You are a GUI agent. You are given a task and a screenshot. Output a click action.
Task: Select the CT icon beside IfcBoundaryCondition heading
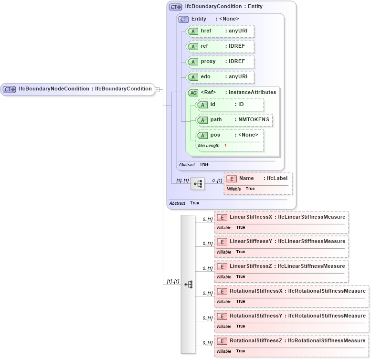[175, 7]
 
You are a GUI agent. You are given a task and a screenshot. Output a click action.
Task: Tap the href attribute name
[206, 31]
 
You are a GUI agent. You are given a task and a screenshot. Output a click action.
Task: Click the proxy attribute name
[208, 62]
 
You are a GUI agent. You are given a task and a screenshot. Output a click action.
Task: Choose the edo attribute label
[205, 77]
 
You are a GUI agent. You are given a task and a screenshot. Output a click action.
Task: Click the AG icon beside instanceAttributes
[193, 93]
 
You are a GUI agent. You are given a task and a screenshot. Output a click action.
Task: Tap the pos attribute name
[215, 135]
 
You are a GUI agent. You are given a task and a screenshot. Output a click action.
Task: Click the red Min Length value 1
[225, 145]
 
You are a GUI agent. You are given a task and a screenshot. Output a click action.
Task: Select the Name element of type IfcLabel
[246, 179]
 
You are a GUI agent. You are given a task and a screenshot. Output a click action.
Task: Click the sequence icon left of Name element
[197, 183]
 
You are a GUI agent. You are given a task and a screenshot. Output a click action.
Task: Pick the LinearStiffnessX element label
[250, 217]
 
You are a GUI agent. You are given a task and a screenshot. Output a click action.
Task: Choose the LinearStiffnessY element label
[250, 242]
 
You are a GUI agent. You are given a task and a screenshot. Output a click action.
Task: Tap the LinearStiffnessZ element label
[250, 266]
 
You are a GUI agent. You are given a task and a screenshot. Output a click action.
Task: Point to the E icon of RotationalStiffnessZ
[222, 341]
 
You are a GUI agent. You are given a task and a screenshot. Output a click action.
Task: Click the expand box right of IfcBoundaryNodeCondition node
[158, 89]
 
